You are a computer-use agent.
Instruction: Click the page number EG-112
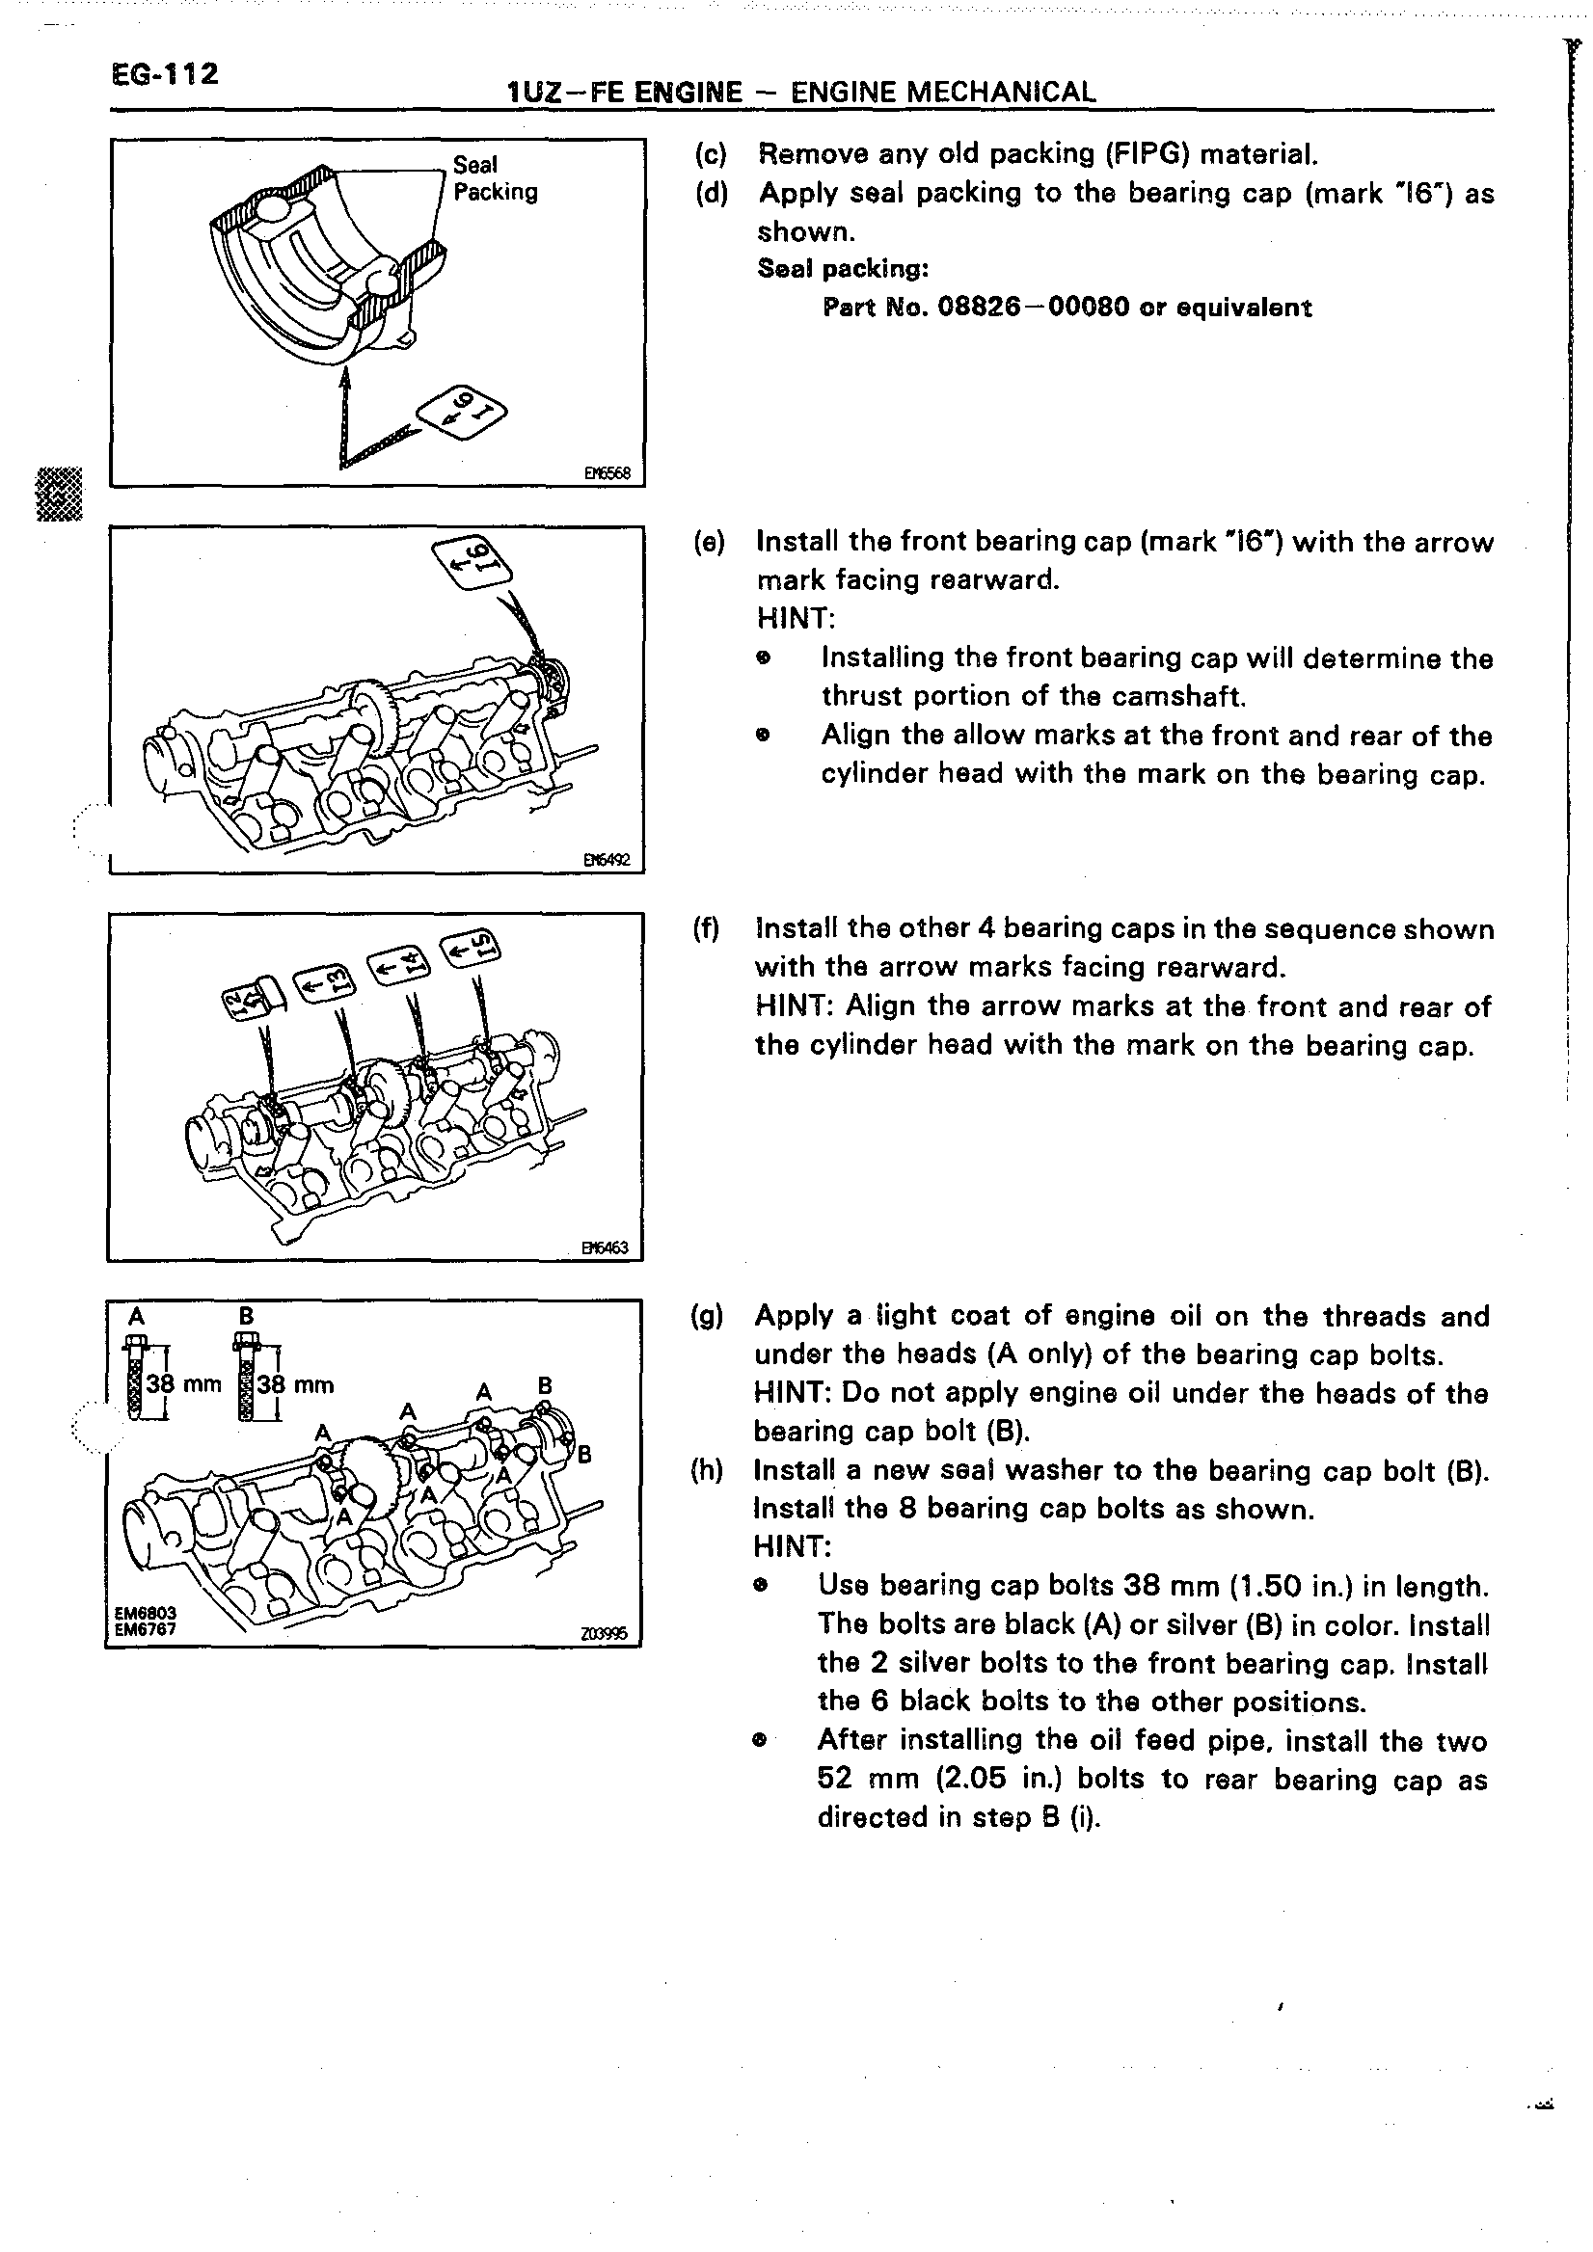165,74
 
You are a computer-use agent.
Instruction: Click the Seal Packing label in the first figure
496,178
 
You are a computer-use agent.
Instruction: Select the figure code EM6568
607,473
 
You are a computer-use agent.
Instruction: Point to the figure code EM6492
607,861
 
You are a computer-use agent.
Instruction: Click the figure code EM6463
605,1248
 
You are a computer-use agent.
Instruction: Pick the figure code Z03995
604,1635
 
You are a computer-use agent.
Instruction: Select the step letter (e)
709,542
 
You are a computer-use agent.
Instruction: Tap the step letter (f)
707,927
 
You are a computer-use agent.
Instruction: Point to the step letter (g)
707,1315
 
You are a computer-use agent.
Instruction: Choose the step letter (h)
707,1470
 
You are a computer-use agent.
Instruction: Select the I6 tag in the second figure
467,561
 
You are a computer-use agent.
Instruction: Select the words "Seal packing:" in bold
843,269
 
